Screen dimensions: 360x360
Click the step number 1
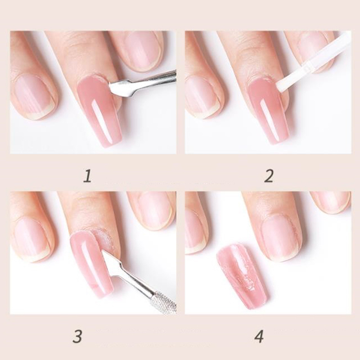(87, 176)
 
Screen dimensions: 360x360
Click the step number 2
(269, 176)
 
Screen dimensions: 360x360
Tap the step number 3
(77, 336)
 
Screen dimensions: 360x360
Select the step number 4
(259, 336)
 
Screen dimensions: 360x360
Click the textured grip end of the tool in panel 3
(163, 302)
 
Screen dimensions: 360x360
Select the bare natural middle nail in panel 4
(279, 238)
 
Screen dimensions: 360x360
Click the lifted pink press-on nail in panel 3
(92, 264)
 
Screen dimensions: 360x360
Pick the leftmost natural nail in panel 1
(35, 96)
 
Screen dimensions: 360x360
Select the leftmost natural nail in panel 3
(32, 239)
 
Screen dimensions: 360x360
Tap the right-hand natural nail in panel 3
(156, 210)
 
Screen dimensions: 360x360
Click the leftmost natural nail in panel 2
(202, 96)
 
